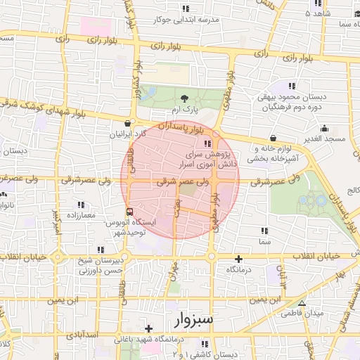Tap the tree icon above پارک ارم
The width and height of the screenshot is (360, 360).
point(184,99)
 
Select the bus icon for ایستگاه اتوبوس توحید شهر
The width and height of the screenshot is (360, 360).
point(129,211)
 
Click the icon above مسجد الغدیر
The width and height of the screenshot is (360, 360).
point(325,129)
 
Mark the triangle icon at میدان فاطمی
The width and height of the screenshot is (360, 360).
point(302,304)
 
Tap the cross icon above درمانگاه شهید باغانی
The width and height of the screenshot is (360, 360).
point(148,328)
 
